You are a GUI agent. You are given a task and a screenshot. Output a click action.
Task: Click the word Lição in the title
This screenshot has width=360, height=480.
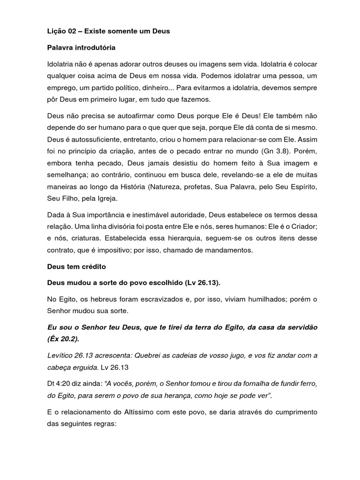point(57,31)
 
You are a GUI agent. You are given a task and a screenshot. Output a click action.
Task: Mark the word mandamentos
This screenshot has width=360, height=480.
point(228,250)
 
